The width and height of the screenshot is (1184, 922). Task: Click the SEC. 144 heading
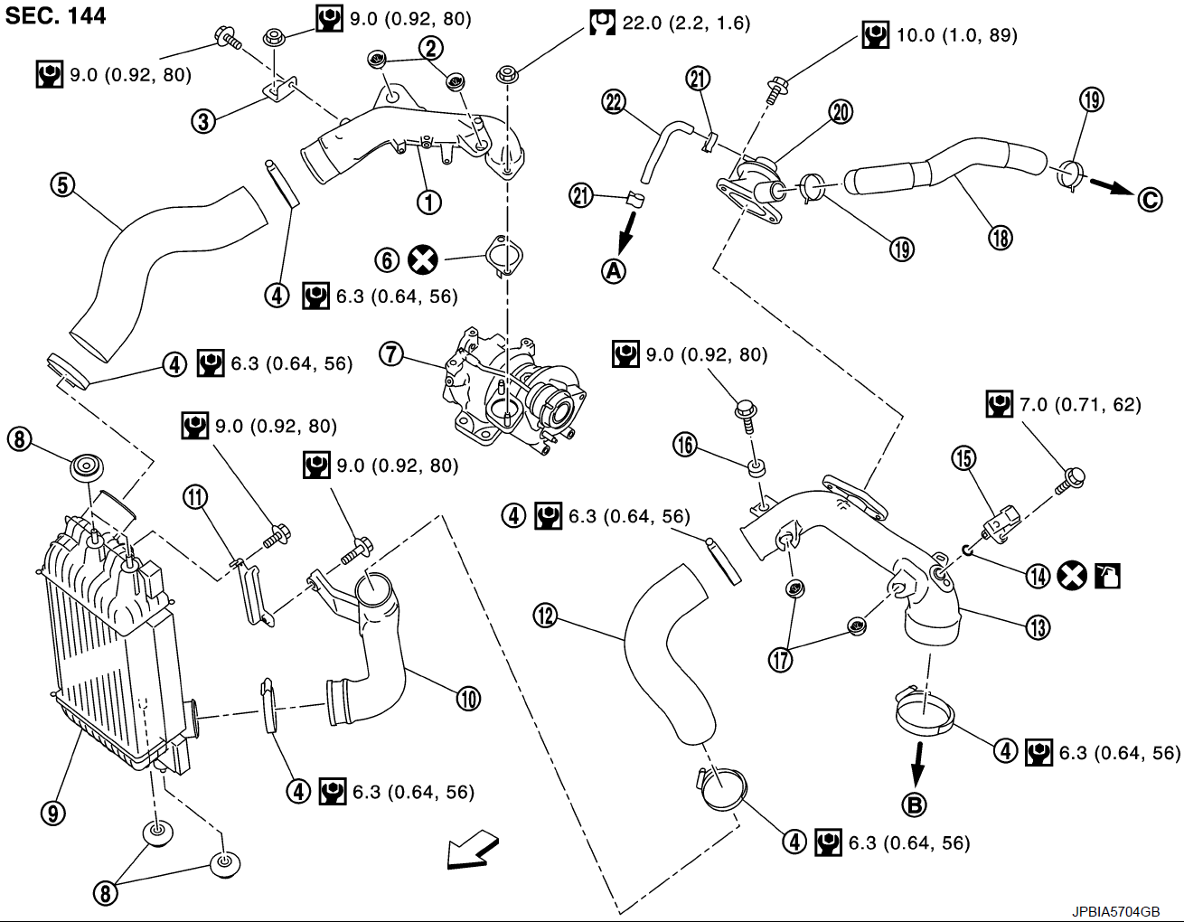(x=55, y=15)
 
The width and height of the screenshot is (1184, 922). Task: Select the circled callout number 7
(x=391, y=354)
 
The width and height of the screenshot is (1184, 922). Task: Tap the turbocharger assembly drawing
(x=513, y=389)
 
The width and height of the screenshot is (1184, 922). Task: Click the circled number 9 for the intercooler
(x=53, y=813)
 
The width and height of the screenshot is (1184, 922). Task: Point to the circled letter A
(x=614, y=270)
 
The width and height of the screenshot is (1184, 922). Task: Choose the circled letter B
(x=915, y=804)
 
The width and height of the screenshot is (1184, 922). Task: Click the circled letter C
(x=1150, y=200)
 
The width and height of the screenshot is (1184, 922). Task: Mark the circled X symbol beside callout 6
(x=423, y=260)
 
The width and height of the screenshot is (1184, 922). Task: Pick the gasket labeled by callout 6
(x=504, y=255)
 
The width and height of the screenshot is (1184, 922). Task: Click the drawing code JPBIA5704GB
(x=1116, y=911)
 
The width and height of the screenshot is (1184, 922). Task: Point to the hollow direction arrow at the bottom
(x=472, y=850)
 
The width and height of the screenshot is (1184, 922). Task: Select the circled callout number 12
(x=545, y=616)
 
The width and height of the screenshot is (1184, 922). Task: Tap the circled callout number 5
(x=62, y=185)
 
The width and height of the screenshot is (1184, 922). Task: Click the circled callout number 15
(x=963, y=457)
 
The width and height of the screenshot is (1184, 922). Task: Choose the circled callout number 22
(x=614, y=102)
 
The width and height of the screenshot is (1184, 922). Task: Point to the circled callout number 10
(x=468, y=699)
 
